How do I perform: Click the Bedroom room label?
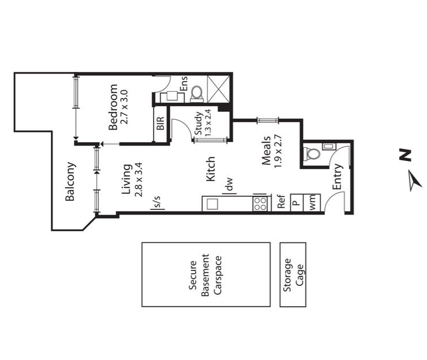click(x=112, y=107)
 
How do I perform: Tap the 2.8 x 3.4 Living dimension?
click(x=139, y=180)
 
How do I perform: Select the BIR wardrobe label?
click(x=160, y=123)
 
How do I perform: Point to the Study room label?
click(x=198, y=123)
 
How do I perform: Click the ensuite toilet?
click(x=196, y=94)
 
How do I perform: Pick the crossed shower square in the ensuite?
click(x=218, y=89)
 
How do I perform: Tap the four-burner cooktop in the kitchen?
click(x=260, y=204)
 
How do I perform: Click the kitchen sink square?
click(x=212, y=204)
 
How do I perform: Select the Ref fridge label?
click(x=281, y=201)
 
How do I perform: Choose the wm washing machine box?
click(x=312, y=202)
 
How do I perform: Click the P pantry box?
click(x=296, y=202)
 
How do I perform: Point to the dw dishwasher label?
click(x=229, y=184)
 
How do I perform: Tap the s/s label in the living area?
click(x=158, y=201)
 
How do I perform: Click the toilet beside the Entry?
click(x=312, y=154)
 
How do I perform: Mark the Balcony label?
click(x=70, y=181)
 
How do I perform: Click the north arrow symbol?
click(x=415, y=181)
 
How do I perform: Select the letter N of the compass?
click(x=405, y=155)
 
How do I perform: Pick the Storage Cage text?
click(x=293, y=275)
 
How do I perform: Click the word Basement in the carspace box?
click(x=205, y=275)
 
